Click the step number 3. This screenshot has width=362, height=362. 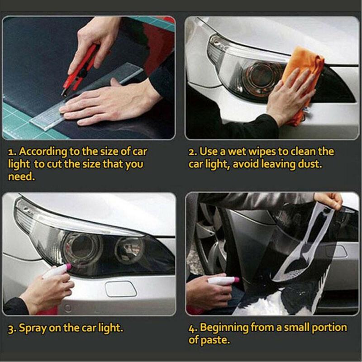click(x=11, y=328)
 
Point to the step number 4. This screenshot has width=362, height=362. click(x=192, y=328)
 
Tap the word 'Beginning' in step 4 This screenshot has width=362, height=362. click(x=226, y=328)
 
